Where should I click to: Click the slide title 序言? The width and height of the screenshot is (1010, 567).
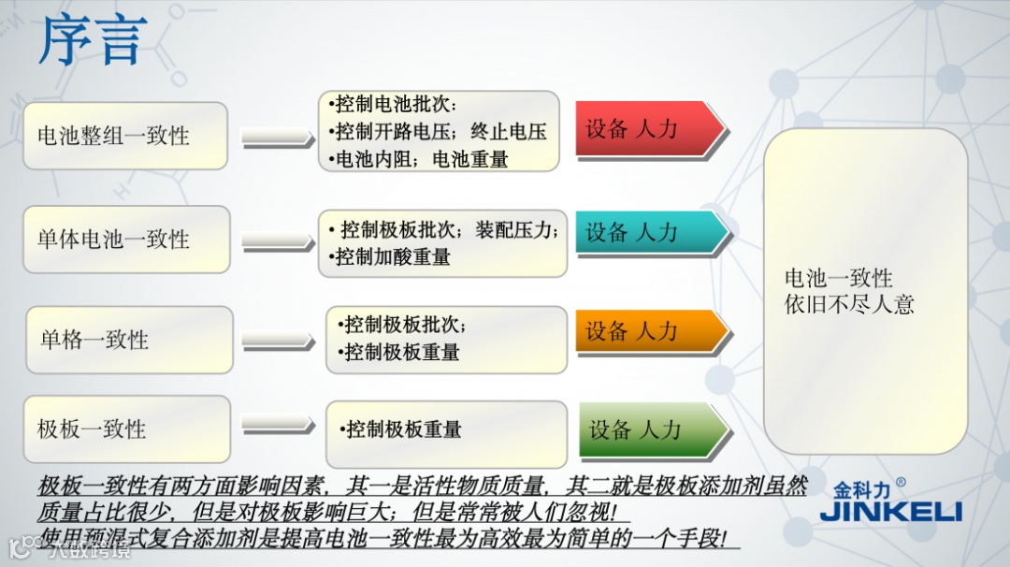[92, 41]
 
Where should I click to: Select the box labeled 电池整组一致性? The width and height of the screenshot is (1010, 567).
[125, 136]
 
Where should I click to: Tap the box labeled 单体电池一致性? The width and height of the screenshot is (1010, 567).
[125, 240]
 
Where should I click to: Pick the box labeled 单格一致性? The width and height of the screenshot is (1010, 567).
[128, 340]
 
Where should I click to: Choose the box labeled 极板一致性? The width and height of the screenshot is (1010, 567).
[126, 429]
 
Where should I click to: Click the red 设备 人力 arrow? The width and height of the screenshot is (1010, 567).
[646, 129]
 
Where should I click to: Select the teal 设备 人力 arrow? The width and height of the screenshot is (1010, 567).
[646, 233]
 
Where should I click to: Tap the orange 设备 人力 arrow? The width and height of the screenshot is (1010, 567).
[646, 331]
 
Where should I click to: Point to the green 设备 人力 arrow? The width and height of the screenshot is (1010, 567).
[649, 429]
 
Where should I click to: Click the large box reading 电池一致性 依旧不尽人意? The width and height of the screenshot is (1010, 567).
[865, 291]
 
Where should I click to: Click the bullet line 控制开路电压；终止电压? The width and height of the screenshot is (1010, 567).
[440, 132]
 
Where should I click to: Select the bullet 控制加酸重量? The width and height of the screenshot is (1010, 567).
[393, 256]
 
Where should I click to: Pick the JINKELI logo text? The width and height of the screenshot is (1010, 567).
[890, 512]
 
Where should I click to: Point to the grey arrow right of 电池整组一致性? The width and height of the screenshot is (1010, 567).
[277, 138]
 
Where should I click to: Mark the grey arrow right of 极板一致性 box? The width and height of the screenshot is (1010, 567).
[277, 427]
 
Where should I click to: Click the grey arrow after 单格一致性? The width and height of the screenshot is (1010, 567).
[277, 340]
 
